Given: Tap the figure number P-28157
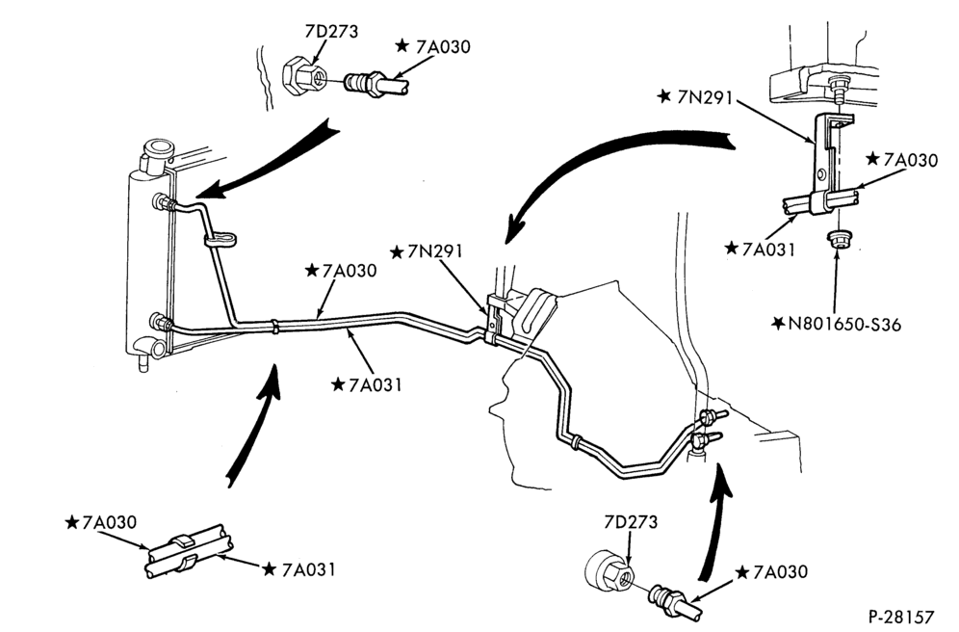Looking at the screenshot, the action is (x=901, y=616).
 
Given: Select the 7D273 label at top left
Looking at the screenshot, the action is (x=331, y=31).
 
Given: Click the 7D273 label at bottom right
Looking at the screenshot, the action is (x=631, y=522).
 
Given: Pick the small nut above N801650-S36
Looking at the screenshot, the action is (x=836, y=239).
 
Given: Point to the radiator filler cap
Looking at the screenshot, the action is (x=157, y=149).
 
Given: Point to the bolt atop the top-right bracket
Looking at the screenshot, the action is (x=837, y=89).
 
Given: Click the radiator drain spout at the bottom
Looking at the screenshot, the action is (x=143, y=363).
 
